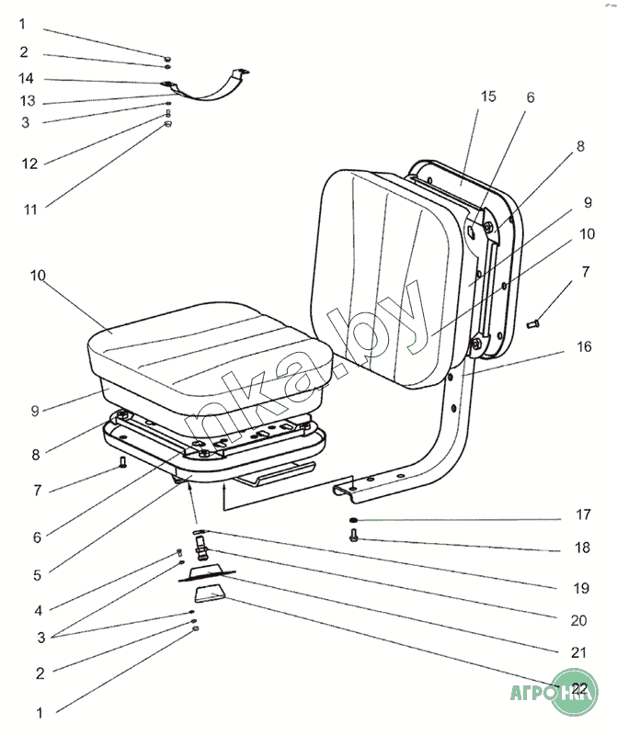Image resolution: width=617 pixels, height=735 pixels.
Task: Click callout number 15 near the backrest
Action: click(488, 96)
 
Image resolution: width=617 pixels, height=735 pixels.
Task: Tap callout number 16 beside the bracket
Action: click(585, 347)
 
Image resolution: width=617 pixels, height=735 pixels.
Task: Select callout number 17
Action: click(583, 515)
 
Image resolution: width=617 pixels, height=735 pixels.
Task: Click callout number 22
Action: click(579, 687)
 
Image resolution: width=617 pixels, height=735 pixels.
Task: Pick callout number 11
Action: click(30, 209)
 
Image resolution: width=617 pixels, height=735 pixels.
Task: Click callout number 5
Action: click(37, 575)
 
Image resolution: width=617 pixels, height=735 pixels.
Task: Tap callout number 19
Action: click(578, 585)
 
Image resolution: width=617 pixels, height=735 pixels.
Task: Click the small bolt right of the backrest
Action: click(535, 322)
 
